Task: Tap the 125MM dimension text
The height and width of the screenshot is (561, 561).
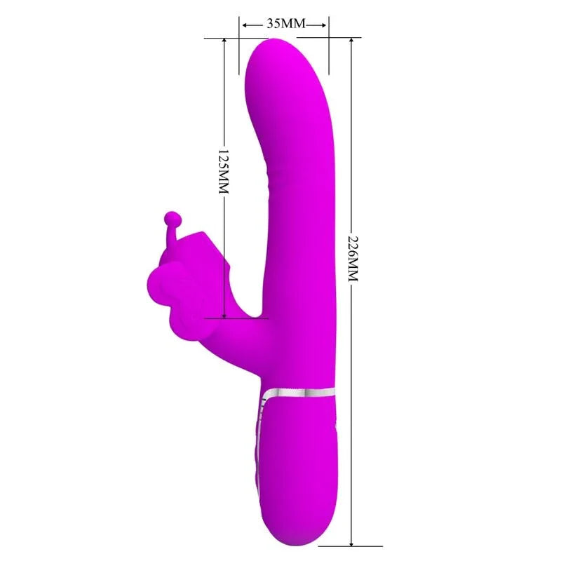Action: (224, 171)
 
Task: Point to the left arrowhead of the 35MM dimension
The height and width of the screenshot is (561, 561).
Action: (245, 25)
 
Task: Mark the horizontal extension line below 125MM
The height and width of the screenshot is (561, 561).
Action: (238, 317)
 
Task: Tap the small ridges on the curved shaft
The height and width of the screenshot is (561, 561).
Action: (271, 175)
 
